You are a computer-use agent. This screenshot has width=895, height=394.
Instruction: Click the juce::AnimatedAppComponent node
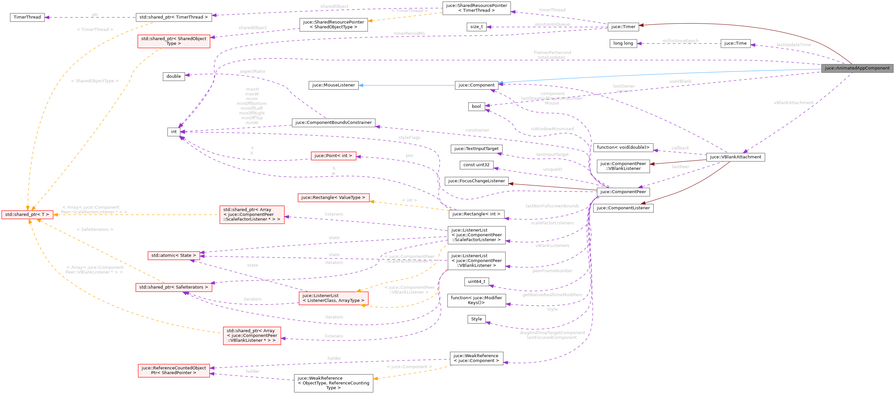(x=857, y=68)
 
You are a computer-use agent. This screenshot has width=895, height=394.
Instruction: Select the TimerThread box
(x=27, y=17)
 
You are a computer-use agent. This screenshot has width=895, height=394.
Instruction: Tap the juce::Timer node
(x=623, y=27)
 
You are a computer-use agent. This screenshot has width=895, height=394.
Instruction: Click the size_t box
(x=476, y=27)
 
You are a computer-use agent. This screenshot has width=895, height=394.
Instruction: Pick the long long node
(x=623, y=43)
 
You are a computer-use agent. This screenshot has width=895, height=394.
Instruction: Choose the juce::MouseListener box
(x=333, y=85)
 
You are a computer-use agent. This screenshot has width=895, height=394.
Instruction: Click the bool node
(x=476, y=107)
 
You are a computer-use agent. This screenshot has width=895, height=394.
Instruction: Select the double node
(x=173, y=76)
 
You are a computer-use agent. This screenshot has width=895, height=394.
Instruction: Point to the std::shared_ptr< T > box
(x=27, y=215)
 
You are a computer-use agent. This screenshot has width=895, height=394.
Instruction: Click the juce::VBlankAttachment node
(x=735, y=157)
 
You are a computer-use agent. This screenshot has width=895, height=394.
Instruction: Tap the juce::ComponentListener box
(x=623, y=208)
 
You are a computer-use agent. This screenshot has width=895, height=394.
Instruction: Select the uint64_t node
(x=476, y=282)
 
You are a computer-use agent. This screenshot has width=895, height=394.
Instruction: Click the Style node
(x=476, y=319)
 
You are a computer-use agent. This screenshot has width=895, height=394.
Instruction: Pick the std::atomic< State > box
(x=173, y=255)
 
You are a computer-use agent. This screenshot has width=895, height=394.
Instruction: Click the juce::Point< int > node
(x=333, y=156)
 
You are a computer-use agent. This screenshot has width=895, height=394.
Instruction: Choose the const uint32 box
(x=476, y=165)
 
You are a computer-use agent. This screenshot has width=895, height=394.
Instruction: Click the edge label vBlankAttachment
(x=793, y=103)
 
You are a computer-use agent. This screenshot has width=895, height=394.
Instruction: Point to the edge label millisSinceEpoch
(x=680, y=41)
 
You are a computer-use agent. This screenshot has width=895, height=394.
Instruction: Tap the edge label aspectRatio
(x=252, y=71)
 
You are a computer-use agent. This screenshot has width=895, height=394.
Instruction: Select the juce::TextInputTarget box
(x=476, y=149)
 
